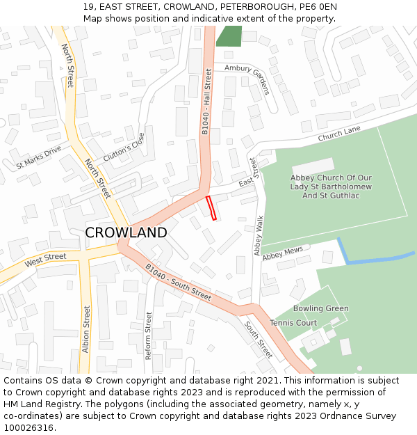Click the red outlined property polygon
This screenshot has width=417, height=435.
pos(211,208)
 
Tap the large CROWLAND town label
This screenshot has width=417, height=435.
pos(126,232)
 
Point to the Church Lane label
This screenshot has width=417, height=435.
pos(339,134)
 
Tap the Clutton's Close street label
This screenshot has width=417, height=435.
pos(124,148)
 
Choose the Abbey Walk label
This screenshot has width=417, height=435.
pos(259,235)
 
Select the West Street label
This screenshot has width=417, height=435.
pos(45,261)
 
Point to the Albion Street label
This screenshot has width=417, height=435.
pos(86,329)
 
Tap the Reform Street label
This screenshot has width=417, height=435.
pos(148,335)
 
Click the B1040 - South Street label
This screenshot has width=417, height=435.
pos(178,282)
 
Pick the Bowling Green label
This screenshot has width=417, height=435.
pos(320,308)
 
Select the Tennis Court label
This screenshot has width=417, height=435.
pos(293,323)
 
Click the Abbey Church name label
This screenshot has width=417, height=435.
pos(331,187)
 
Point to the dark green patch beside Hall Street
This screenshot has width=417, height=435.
pos(229,35)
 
